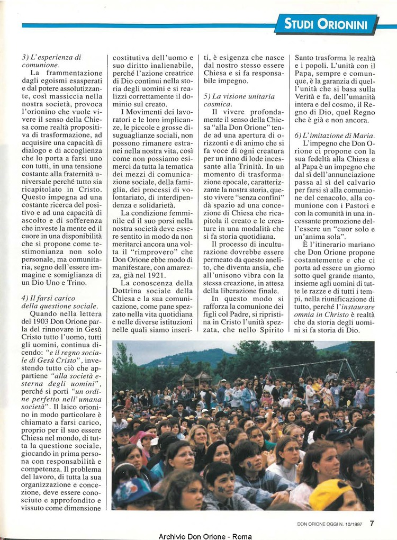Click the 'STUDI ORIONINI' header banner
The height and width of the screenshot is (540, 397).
tap(327, 24)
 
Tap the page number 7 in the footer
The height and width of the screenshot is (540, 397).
tap(372, 523)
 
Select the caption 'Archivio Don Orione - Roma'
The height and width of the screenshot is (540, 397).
tap(198, 536)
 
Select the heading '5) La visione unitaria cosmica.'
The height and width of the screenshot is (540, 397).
tap(239, 100)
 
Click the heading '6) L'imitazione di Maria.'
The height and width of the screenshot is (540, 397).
tap(335, 136)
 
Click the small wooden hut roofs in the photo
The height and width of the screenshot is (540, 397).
tap(195, 377)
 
